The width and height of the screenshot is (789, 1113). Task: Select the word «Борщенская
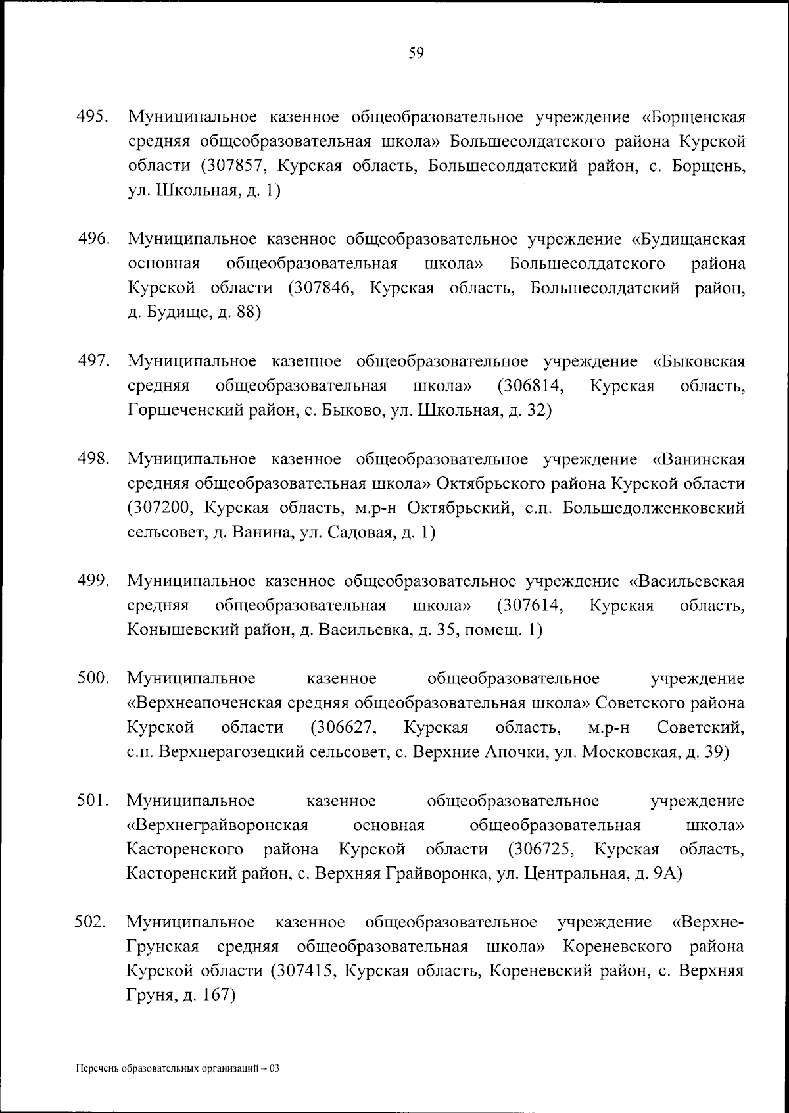click(693, 118)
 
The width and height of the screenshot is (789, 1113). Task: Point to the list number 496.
click(94, 239)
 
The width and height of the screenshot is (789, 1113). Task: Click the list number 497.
click(93, 361)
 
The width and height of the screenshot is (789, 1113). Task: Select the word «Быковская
click(699, 361)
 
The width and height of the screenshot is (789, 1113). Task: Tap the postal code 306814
click(533, 385)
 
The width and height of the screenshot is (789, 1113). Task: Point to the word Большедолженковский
click(654, 508)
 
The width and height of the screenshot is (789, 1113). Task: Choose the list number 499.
click(93, 581)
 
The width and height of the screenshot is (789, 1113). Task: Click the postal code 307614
click(533, 605)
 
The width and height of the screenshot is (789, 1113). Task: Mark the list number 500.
click(93, 678)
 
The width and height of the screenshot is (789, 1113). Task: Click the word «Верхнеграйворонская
click(218, 825)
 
